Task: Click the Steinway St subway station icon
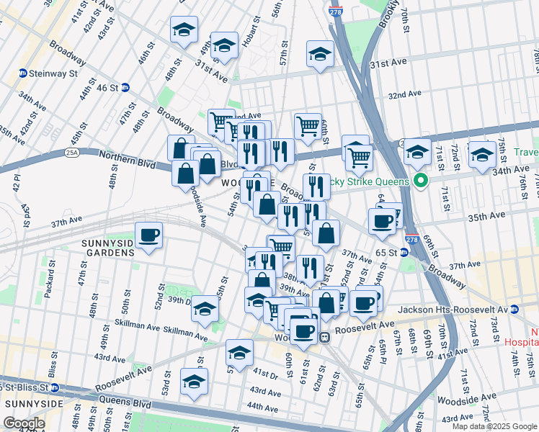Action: [x=22, y=73]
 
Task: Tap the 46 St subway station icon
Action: [x=125, y=87]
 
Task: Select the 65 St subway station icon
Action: [x=404, y=253]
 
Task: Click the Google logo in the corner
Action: [x=24, y=423]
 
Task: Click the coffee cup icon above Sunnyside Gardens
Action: [x=149, y=235]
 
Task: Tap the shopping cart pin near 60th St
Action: [x=308, y=126]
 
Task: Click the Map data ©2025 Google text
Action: [x=493, y=426]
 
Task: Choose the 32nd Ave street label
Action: [x=404, y=94]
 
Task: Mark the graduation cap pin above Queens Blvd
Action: [x=194, y=382]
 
